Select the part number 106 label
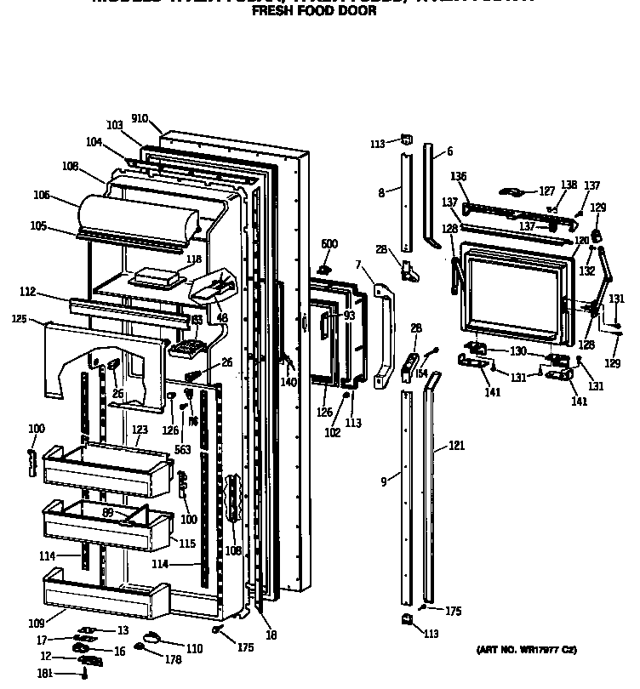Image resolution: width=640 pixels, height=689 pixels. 41,195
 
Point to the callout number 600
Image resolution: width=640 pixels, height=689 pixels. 329,244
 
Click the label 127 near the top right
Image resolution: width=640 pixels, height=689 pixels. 547,191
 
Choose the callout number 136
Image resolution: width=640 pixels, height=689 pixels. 459,176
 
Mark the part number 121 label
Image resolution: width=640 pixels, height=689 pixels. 457,445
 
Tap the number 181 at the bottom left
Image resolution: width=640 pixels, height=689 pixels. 45,673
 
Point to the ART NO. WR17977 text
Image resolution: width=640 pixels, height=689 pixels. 526,650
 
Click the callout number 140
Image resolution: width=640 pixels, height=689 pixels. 288,383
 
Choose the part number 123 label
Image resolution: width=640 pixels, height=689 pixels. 140,430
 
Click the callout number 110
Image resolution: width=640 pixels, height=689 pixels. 194,649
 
